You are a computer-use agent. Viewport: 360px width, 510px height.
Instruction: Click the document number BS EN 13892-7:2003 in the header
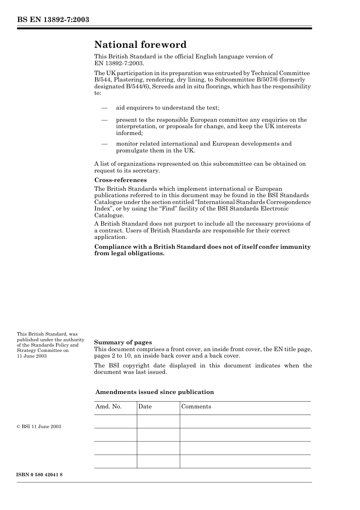(53, 20)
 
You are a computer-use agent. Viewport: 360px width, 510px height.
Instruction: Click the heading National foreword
(140, 45)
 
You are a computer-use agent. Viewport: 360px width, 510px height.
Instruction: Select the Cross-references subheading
(121, 180)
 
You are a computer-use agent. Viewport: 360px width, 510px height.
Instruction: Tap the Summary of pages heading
(123, 342)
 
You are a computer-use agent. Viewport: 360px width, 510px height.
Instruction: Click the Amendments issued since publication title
(155, 392)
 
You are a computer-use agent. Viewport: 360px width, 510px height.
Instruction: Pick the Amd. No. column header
(108, 406)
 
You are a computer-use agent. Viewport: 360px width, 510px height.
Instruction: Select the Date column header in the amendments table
(145, 406)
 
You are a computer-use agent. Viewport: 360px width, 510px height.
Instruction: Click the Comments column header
(196, 406)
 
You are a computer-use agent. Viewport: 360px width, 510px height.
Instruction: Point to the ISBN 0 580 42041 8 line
(40, 475)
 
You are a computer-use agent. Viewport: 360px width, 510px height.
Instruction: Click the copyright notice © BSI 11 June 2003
(39, 427)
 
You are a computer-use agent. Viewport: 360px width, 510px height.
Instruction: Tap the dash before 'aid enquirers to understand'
(105, 108)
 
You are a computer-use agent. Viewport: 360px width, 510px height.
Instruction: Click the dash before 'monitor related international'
(105, 144)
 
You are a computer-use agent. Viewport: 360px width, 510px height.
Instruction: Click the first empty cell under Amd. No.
(115, 421)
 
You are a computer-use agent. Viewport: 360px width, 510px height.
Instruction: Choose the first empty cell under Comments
(245, 421)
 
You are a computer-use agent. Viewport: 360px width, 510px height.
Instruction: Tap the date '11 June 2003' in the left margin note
(32, 356)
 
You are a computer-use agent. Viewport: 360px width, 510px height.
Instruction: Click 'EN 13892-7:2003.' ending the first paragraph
(119, 63)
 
